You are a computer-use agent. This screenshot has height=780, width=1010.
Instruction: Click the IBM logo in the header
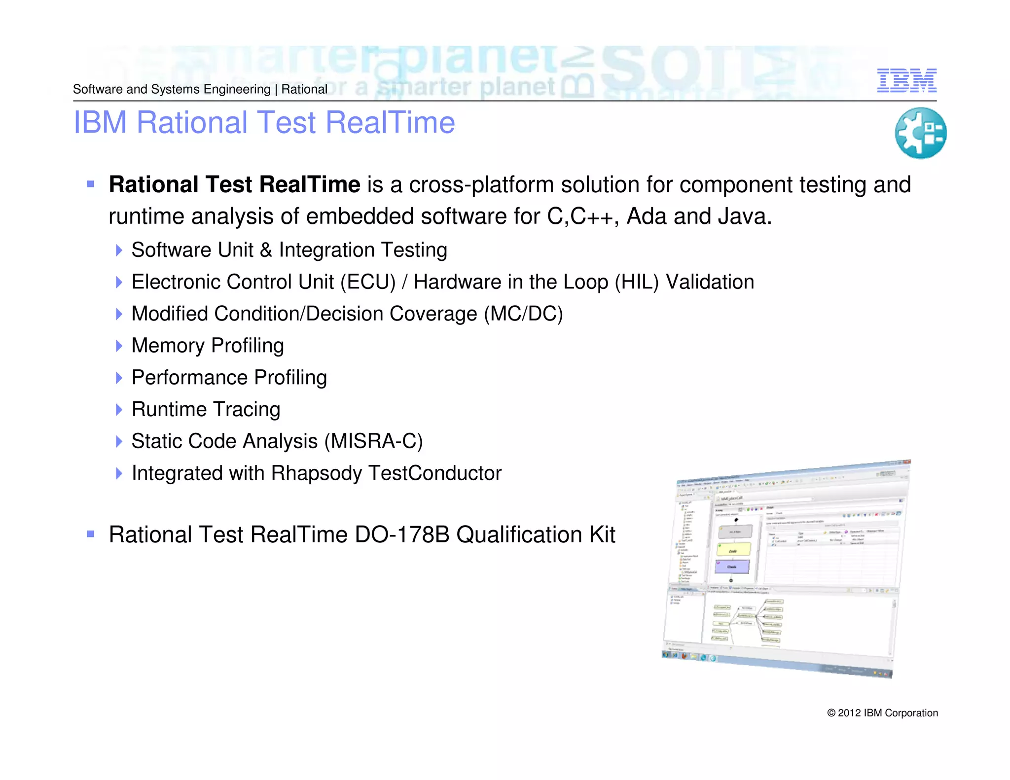pos(906,80)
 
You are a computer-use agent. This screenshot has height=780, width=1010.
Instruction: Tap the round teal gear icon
pos(920,133)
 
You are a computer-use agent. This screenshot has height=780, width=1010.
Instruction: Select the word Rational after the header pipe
pos(304,89)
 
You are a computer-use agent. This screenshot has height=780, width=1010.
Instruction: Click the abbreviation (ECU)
pos(368,282)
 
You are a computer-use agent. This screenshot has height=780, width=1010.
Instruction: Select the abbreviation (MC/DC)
pos(523,314)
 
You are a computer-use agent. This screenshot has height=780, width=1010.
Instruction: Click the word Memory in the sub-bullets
pos(168,346)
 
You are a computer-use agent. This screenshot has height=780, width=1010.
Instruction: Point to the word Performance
pos(189,378)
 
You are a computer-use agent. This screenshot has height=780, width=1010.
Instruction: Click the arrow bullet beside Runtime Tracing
pos(119,410)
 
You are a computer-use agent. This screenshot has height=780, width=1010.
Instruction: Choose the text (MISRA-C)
pos(373,441)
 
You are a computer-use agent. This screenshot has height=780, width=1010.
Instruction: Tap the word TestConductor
pos(435,473)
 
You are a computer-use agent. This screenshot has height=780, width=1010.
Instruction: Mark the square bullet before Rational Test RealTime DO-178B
pos(90,534)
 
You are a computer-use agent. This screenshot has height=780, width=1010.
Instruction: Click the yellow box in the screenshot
pos(733,549)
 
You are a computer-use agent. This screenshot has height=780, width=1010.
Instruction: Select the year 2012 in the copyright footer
pos(849,713)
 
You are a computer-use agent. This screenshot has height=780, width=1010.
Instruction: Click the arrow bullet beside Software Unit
pos(119,250)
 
